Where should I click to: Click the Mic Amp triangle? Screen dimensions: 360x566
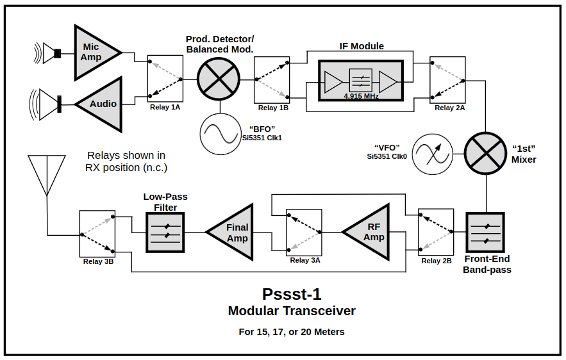pos(93,53)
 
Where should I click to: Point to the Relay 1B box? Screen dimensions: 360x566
pos(272,79)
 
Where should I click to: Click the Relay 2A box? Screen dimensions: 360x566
pos(447,79)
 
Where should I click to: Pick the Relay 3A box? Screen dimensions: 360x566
pos(304,231)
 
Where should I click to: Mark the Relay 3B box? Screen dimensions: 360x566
pos(97,233)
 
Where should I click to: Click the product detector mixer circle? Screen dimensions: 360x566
pos(217,79)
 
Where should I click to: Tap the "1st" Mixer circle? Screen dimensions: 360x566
pos(485,154)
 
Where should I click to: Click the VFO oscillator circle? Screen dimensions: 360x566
pos(431,154)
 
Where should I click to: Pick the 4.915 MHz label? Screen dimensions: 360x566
pos(361,96)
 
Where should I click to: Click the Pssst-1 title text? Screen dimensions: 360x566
pos(292,294)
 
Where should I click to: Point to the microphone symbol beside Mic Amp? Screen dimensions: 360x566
pos(50,53)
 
